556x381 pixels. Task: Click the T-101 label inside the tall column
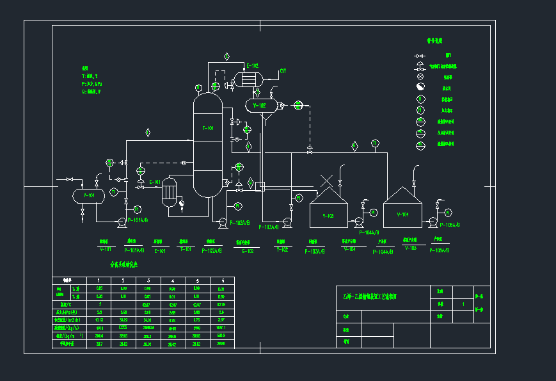pyautogui.click(x=208, y=129)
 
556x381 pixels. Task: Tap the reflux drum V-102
pyautogui.click(x=261, y=105)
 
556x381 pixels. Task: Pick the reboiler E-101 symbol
pyautogui.click(x=169, y=191)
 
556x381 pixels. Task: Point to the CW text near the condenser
pyautogui.click(x=282, y=71)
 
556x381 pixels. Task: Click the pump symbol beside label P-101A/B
pyautogui.click(x=120, y=222)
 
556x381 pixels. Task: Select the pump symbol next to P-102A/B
pyautogui.click(x=223, y=222)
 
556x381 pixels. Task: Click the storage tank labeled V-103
pyautogui.click(x=328, y=210)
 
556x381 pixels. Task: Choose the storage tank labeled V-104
pyautogui.click(x=402, y=210)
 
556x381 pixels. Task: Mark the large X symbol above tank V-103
pyautogui.click(x=328, y=181)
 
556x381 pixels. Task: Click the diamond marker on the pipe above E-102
pyautogui.click(x=226, y=56)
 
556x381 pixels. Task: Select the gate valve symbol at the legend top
pyautogui.click(x=420, y=56)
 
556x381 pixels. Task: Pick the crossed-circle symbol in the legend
pyautogui.click(x=420, y=76)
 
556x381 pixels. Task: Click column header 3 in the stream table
pyautogui.click(x=148, y=280)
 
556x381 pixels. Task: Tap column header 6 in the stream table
pyautogui.click(x=222, y=280)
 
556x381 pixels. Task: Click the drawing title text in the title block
pyautogui.click(x=370, y=296)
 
